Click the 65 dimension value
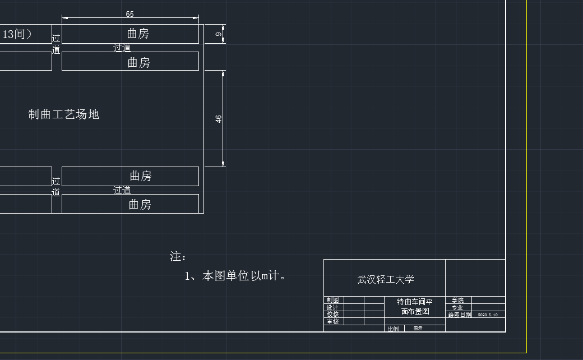[x=130, y=14]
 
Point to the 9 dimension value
[x=219, y=34]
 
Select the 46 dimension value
[x=219, y=119]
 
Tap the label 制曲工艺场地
[x=64, y=114]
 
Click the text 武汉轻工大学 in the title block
[x=386, y=279]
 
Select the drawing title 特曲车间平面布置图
[x=415, y=306]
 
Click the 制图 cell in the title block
[x=332, y=301]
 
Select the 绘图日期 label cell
[x=460, y=315]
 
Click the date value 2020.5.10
[x=488, y=315]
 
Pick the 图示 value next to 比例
[x=418, y=329]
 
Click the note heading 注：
[x=178, y=257]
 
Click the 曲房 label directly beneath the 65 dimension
[x=138, y=34]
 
